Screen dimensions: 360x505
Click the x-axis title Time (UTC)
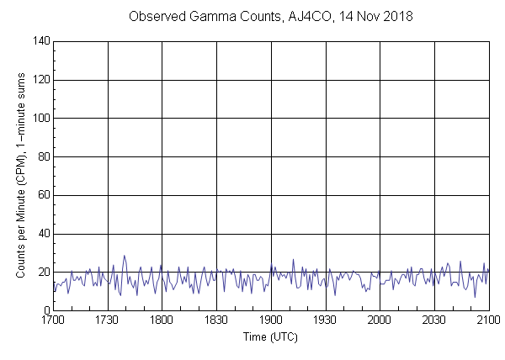click(270, 336)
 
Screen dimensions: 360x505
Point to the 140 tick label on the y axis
click(40, 41)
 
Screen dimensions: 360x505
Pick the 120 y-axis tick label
click(40, 80)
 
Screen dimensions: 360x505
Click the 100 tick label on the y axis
click(40, 119)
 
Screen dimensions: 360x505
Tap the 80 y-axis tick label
click(43, 157)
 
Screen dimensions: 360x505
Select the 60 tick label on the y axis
click(43, 195)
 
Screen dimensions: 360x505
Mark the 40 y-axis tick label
click(43, 234)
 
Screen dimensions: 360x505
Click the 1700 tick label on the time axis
click(53, 320)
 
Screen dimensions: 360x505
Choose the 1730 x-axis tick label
click(108, 320)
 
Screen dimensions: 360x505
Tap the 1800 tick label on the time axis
click(162, 320)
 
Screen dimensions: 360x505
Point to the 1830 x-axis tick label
click(216, 320)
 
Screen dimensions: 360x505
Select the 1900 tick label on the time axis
click(271, 320)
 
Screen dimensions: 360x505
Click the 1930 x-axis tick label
click(325, 320)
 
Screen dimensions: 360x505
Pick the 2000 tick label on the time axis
click(380, 320)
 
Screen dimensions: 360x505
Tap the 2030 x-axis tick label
click(434, 320)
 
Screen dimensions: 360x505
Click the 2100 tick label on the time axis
click(488, 320)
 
